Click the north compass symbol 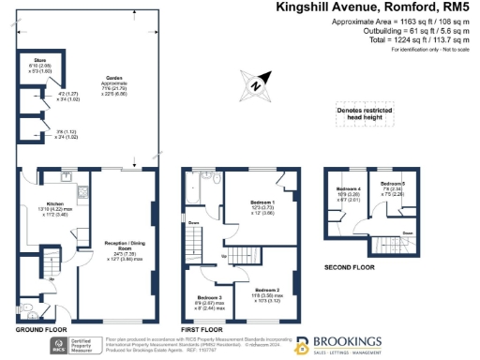[x=257, y=88]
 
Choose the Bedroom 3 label [x=212, y=299]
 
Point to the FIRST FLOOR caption [x=202, y=331]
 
